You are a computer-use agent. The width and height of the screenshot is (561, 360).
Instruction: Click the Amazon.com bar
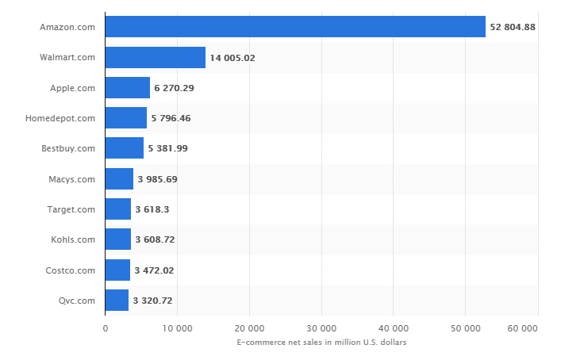(x=295, y=27)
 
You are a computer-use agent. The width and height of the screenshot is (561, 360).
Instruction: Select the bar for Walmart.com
(x=156, y=57)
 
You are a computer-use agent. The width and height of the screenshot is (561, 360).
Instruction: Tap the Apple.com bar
(x=127, y=87)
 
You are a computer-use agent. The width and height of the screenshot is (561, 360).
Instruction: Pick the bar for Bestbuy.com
(x=124, y=148)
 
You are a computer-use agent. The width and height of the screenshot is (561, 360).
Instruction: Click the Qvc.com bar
(x=117, y=300)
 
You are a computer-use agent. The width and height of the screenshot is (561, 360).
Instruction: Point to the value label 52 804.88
(x=513, y=27)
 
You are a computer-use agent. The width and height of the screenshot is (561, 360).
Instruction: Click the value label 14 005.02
(x=232, y=57)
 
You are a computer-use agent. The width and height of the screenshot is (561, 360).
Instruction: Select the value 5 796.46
(x=171, y=118)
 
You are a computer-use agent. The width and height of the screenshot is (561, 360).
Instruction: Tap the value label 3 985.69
(x=157, y=178)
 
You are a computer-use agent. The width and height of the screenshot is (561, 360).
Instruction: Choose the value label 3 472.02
(x=154, y=270)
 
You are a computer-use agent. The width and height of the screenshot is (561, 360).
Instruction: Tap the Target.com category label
(x=71, y=209)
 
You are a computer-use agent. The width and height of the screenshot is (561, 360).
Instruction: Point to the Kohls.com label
(x=73, y=239)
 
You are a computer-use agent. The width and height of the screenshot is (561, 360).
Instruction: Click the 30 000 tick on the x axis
(x=321, y=328)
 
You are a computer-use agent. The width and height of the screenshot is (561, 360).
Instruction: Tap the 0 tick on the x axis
(x=106, y=328)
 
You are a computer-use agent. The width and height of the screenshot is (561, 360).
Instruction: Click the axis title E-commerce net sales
(x=321, y=342)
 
